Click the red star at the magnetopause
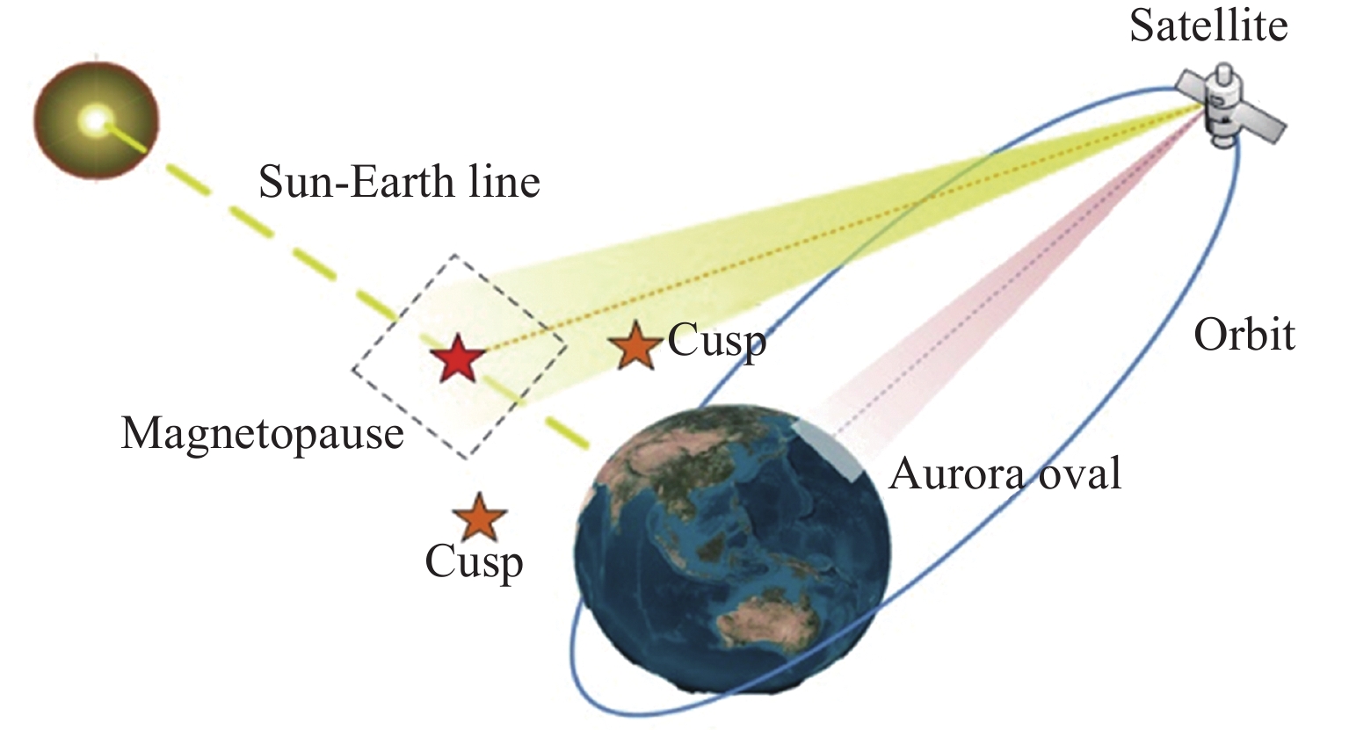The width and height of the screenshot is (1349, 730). click(458, 358)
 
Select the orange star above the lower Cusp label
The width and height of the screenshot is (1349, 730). click(479, 517)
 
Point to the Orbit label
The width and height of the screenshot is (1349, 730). click(1244, 335)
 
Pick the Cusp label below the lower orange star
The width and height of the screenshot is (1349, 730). click(474, 563)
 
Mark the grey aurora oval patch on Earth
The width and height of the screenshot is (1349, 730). click(831, 449)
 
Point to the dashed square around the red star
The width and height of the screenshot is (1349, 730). click(459, 357)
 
